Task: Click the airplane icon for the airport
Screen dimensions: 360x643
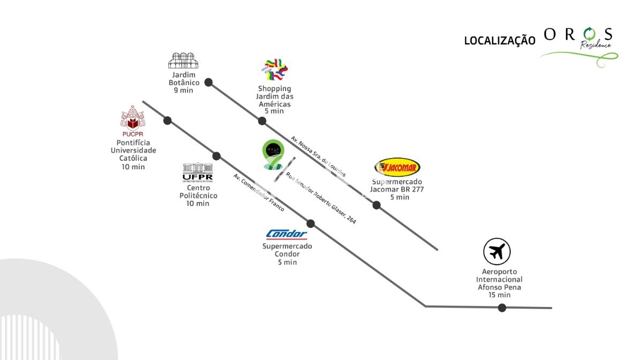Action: [497, 251]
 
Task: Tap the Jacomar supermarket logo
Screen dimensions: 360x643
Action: [397, 168]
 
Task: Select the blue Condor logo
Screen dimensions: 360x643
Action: [287, 234]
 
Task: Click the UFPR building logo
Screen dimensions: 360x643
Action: [198, 172]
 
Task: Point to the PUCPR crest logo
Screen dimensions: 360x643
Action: [132, 121]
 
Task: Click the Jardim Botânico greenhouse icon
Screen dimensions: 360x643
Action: [183, 61]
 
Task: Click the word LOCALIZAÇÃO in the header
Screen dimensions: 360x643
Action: [499, 41]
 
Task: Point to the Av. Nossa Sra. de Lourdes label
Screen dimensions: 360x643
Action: [318, 156]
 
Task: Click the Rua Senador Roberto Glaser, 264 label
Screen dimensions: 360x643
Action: [321, 198]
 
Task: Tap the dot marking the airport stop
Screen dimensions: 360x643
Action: [502, 307]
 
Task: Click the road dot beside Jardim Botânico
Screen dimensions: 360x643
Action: [208, 82]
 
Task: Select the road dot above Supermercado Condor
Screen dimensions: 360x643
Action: [310, 223]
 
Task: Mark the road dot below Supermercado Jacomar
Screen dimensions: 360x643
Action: [377, 205]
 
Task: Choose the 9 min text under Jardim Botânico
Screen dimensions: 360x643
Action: [183, 91]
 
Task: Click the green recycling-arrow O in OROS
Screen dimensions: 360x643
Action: [589, 35]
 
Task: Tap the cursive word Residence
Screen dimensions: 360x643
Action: [596, 45]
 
